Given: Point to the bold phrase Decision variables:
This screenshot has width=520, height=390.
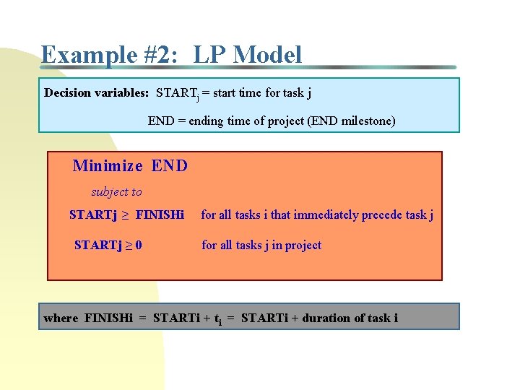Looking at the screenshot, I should point(97,93).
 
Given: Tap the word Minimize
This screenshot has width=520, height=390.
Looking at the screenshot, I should point(108,166).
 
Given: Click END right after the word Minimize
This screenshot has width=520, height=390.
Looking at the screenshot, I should point(170,166).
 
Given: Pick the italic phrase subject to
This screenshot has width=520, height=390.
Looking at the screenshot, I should point(116,192).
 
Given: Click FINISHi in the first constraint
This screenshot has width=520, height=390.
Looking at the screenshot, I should point(160,215).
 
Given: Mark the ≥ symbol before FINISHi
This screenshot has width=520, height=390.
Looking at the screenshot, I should point(124,215).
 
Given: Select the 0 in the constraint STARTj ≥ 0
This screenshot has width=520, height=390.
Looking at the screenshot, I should point(138,246).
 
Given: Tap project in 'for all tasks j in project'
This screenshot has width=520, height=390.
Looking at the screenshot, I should point(303,246).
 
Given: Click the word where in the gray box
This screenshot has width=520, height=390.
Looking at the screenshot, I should point(61,318).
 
